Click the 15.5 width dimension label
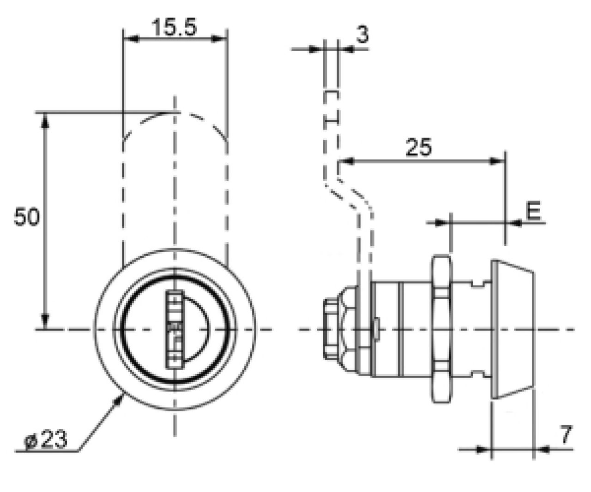[x=174, y=27]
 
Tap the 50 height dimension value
[x=27, y=217]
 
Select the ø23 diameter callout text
[x=46, y=439]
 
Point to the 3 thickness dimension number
[x=362, y=35]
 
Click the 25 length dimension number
[x=419, y=147]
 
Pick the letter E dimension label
[x=533, y=211]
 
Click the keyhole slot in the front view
[x=175, y=330]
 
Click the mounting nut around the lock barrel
[x=440, y=329]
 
